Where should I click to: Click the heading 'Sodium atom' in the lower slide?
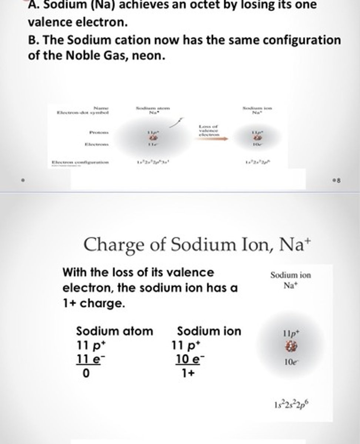tap(114, 331)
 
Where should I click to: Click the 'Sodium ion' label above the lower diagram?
tap(290, 275)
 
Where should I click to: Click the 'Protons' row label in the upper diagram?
tap(98, 131)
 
